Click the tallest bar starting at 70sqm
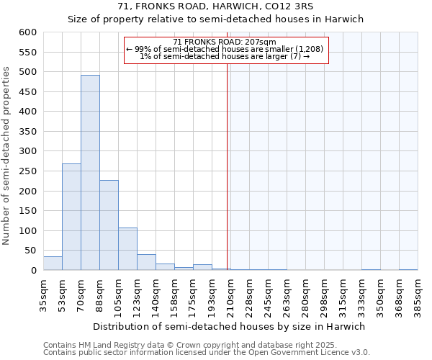click(90, 173)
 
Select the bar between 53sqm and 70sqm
click(71, 217)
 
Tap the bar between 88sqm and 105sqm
click(109, 225)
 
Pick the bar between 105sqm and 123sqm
click(127, 249)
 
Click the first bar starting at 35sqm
click(53, 264)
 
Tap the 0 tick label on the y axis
click(33, 271)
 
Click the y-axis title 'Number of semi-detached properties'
click(6, 156)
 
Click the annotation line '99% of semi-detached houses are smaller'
click(226, 49)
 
